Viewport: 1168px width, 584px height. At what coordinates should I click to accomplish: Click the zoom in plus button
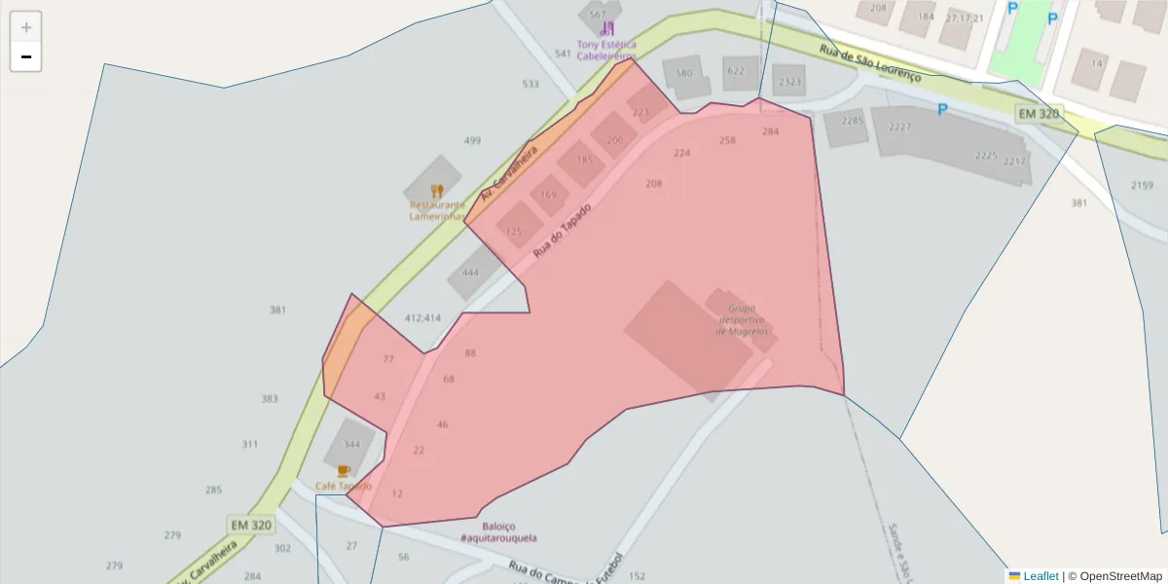pyautogui.click(x=26, y=27)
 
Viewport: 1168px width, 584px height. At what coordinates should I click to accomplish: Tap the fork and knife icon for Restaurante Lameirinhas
pyautogui.click(x=437, y=191)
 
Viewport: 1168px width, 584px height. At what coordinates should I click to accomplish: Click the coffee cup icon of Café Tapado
pyautogui.click(x=344, y=470)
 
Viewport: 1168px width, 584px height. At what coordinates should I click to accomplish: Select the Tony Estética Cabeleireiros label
pyautogui.click(x=606, y=51)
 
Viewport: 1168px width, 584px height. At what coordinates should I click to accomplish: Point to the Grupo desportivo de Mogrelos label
pyautogui.click(x=742, y=319)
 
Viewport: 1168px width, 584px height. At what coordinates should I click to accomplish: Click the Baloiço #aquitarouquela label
pyautogui.click(x=498, y=532)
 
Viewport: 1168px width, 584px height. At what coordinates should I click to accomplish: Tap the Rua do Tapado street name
pyautogui.click(x=562, y=231)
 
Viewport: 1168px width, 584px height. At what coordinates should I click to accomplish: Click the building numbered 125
pyautogui.click(x=514, y=232)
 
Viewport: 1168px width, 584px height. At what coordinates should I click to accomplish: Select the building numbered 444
pyautogui.click(x=470, y=273)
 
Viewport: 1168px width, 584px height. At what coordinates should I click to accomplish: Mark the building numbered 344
pyautogui.click(x=351, y=445)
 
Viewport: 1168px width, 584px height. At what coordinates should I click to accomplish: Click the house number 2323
pyautogui.click(x=789, y=82)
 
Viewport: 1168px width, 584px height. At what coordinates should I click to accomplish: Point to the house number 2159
pyautogui.click(x=1142, y=185)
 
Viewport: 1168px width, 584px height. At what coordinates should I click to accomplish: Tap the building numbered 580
pyautogui.click(x=684, y=73)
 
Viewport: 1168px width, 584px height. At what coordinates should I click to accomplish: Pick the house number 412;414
pyautogui.click(x=422, y=318)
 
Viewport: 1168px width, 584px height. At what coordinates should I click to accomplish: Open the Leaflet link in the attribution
pyautogui.click(x=1039, y=576)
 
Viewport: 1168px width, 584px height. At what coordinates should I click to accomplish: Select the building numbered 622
pyautogui.click(x=736, y=70)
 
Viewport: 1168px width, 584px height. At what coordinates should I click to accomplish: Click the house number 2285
pyautogui.click(x=852, y=121)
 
